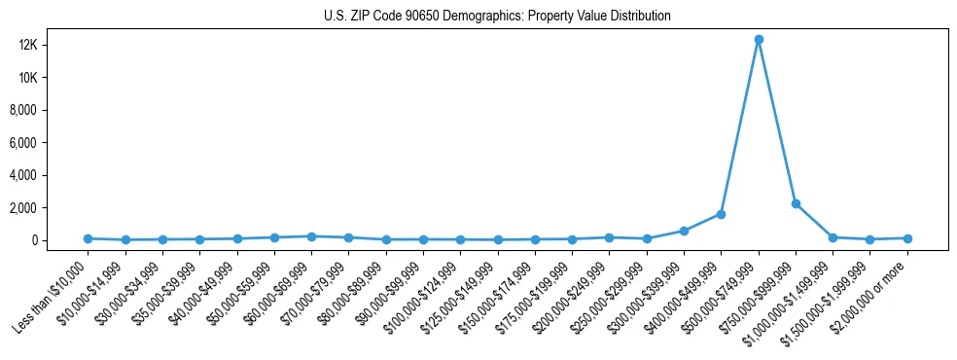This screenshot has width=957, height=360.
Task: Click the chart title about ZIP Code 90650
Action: pos(497,17)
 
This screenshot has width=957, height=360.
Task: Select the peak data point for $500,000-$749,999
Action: pos(759,40)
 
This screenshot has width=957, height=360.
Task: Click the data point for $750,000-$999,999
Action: pos(796,203)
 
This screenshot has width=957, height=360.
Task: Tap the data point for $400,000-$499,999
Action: pos(721,214)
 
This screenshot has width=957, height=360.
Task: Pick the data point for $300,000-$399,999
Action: pos(684,231)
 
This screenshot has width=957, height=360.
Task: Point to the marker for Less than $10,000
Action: pos(88,238)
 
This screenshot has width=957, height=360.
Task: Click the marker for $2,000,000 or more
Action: pos(907,237)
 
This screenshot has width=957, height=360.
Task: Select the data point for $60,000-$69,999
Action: pos(311,236)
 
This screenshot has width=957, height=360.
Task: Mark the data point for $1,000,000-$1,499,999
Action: pos(833,237)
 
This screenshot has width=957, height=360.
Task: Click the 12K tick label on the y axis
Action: pos(54,45)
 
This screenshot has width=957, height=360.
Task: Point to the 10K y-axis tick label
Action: pos(54,78)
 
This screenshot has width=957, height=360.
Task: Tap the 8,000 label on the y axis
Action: pos(51,110)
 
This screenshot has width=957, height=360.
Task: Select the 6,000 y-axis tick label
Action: pos(51,143)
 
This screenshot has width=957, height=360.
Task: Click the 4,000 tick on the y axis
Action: pos(51,175)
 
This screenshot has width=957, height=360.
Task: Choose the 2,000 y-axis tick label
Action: pos(51,208)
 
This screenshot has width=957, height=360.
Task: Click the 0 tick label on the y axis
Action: pos(61,240)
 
